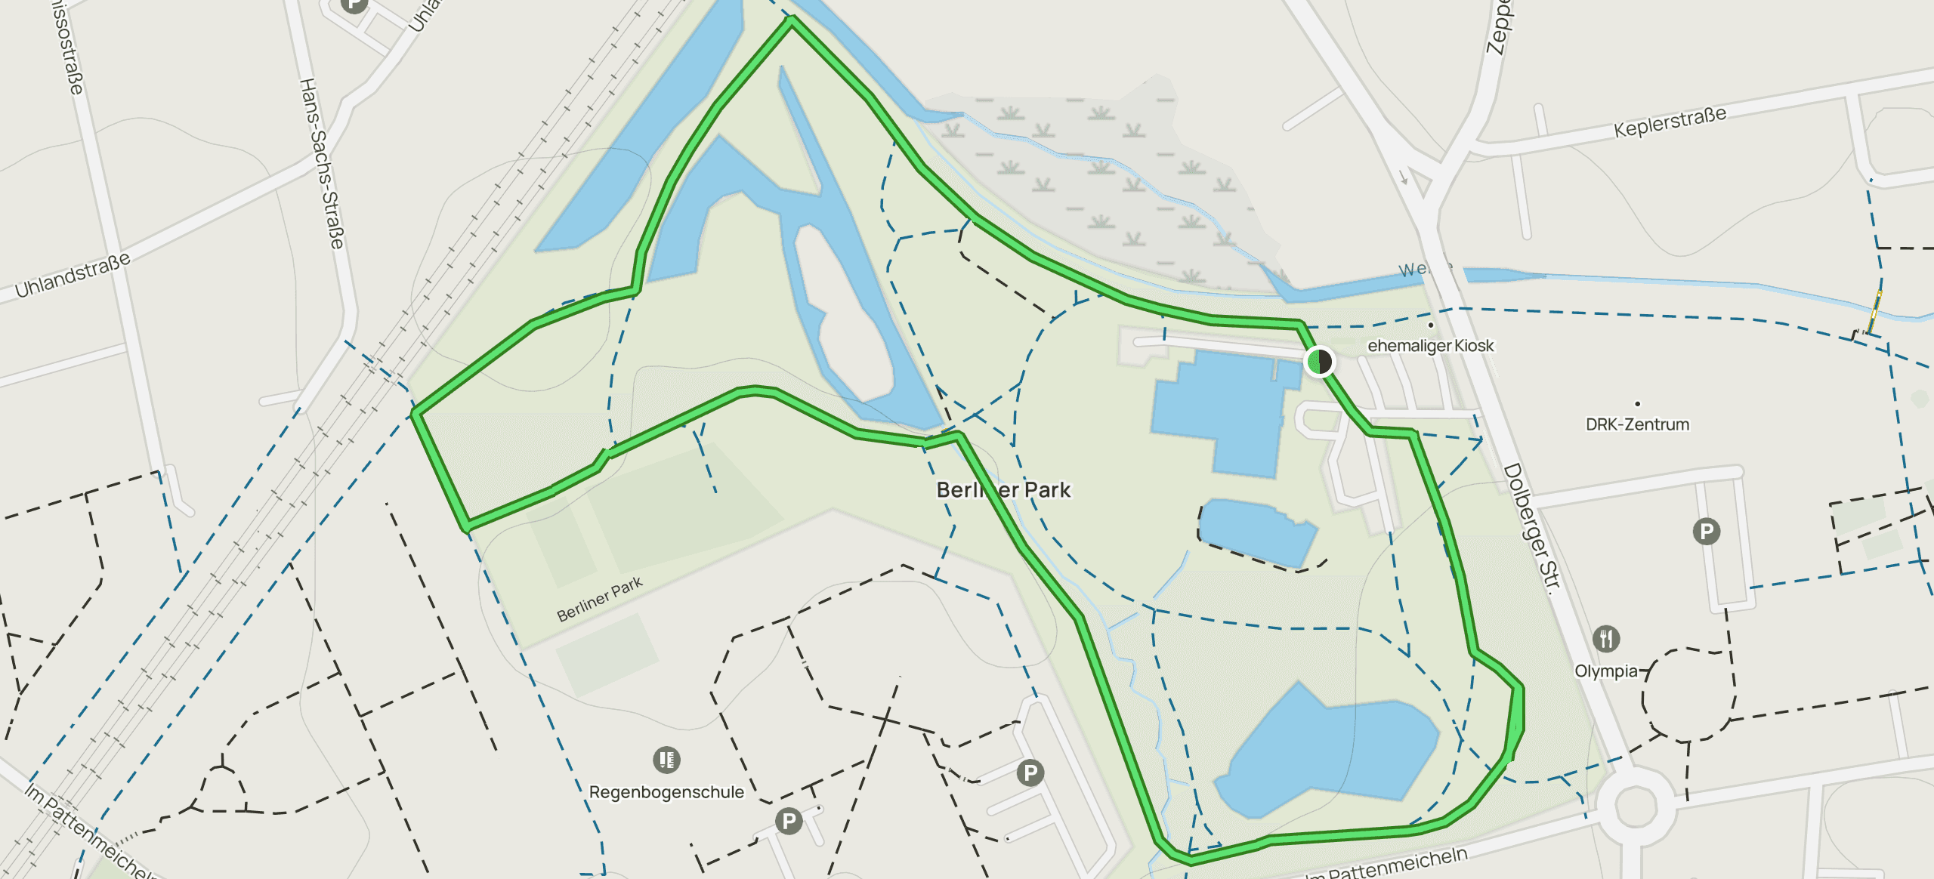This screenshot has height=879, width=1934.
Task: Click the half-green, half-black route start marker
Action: point(1319,361)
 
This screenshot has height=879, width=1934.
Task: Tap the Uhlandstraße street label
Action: point(73,275)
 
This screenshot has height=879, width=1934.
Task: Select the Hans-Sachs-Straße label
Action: point(322,163)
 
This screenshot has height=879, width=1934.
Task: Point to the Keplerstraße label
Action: point(1670,122)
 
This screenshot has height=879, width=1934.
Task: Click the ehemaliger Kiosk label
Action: point(1430,346)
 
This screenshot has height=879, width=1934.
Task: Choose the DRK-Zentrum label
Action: point(1637,424)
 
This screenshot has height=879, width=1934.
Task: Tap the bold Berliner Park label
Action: point(1003,490)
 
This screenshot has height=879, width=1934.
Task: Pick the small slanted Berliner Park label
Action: point(599,599)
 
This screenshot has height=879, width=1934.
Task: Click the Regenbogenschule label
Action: point(666,792)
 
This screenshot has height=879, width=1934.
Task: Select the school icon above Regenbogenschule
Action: point(666,759)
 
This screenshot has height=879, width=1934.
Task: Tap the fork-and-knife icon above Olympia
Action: point(1606,639)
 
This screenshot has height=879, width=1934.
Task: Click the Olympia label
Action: point(1605,671)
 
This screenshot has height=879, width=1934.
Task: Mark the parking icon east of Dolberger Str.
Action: point(1706,532)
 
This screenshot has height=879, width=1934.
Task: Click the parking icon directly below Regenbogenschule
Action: point(789,820)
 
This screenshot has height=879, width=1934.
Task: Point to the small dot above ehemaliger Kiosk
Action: point(1430,325)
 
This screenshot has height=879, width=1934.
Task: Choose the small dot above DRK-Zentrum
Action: point(1637,404)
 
